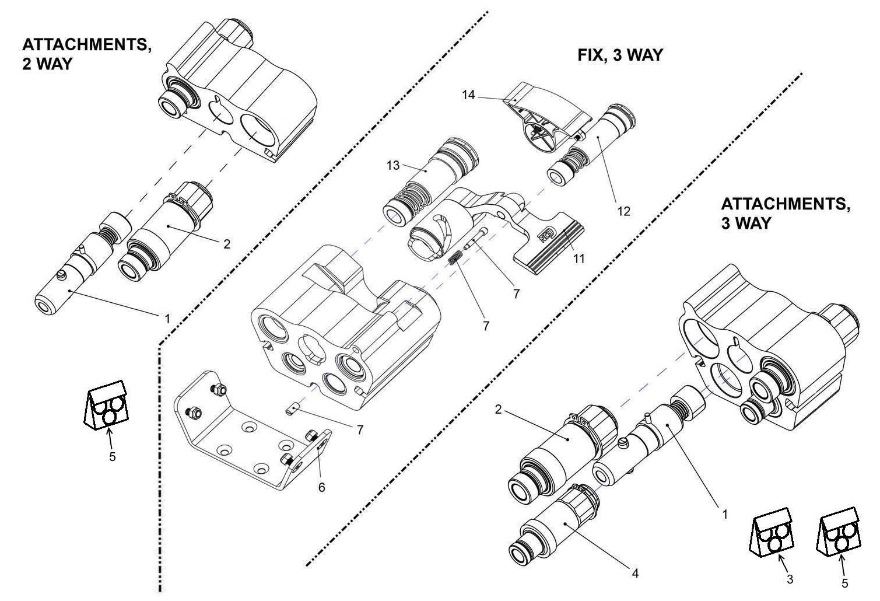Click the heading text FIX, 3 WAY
620,55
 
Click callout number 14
469,95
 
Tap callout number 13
393,166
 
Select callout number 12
624,211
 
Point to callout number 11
579,258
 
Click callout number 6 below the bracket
322,487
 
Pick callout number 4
635,574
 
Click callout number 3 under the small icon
790,579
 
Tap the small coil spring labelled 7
456,259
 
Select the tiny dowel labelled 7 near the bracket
293,411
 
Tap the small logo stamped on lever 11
545,234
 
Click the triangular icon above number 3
770,532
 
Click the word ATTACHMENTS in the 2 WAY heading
87,44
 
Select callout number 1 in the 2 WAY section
167,319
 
